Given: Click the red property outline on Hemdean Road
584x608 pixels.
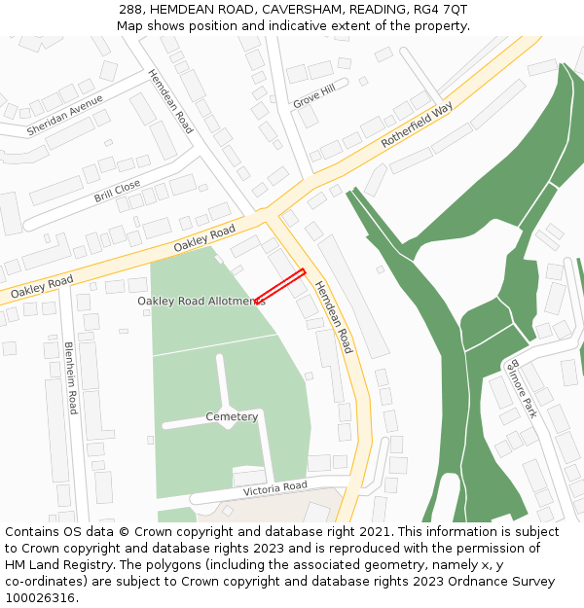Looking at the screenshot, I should click(x=280, y=286).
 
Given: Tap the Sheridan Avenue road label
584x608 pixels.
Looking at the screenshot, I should click(x=65, y=115).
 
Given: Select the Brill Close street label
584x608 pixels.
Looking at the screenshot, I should click(x=117, y=192).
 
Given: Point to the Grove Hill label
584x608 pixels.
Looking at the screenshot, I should click(x=313, y=95).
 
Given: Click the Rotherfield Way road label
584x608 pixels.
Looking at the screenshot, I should click(x=417, y=125).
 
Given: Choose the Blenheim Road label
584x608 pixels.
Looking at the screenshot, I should click(x=70, y=377).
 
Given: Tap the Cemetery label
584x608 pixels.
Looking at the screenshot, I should click(x=232, y=417).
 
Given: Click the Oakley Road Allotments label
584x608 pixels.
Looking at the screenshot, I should click(x=201, y=302).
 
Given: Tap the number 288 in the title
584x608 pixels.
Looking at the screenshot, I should click(x=132, y=9).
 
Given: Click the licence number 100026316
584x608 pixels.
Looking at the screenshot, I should click(x=41, y=598).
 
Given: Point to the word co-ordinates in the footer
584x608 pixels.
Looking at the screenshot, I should click(x=43, y=582).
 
